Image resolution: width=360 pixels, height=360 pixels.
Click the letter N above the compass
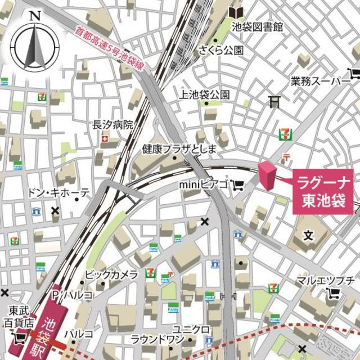pyautogui.click(x=35, y=16)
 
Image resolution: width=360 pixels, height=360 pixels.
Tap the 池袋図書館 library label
pyautogui.click(x=258, y=26)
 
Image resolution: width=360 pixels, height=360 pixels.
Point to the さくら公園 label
pyautogui.click(x=220, y=51)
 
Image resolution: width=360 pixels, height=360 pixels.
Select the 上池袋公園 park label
pyautogui.click(x=205, y=94)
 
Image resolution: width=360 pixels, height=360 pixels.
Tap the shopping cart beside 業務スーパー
pyautogui.click(x=354, y=73)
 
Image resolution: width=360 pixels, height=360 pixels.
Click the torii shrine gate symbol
pyautogui.click(x=274, y=101)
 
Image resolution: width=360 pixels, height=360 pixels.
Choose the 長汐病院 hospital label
pyautogui.click(x=112, y=125)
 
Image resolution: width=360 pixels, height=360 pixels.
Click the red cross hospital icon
pyautogui.click(x=105, y=139)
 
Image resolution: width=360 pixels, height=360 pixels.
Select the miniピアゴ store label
pyautogui.click(x=203, y=184)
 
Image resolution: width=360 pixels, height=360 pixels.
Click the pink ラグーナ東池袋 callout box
pyautogui.click(x=325, y=191)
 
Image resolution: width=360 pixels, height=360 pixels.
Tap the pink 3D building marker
pyautogui.click(x=266, y=175)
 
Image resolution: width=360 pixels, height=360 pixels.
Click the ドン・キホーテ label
pyautogui.click(x=58, y=193)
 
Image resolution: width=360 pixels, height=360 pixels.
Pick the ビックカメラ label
pyautogui.click(x=111, y=274)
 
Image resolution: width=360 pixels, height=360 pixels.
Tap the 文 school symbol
pyautogui.click(x=308, y=235)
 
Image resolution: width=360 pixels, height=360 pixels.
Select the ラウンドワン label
pyautogui.click(x=157, y=339)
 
